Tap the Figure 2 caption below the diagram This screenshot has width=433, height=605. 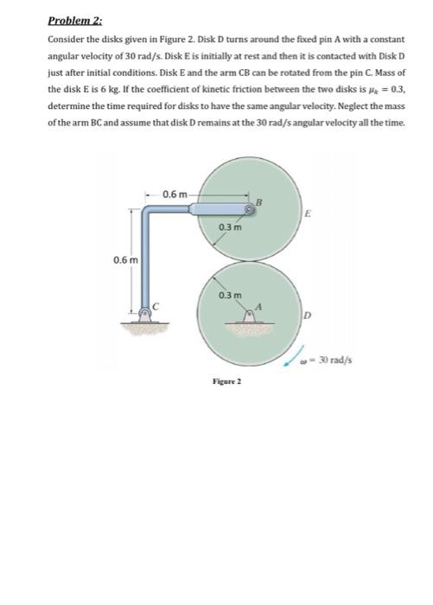coord(225,379)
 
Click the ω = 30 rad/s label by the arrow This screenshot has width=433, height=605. coord(330,360)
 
